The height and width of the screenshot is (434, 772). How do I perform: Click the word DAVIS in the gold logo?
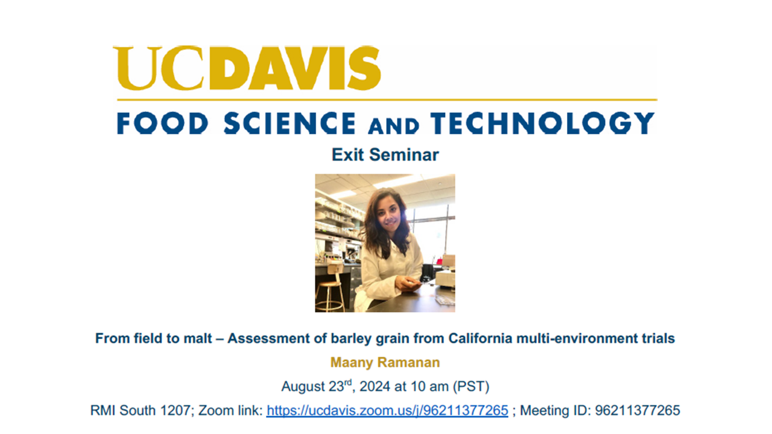point(295,68)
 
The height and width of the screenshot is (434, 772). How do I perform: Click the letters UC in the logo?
point(160,68)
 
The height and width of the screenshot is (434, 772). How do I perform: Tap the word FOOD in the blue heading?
point(163,123)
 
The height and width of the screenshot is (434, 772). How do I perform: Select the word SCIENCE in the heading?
point(289,123)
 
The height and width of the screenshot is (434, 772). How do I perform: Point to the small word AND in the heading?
point(394,126)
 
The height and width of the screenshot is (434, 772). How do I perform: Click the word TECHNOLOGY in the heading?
point(542,123)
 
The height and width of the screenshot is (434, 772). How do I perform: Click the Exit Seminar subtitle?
point(385,155)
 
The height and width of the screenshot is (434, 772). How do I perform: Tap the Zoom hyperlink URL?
point(387,410)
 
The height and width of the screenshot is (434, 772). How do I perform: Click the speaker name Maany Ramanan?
point(385,362)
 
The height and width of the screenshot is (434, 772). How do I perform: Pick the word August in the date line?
point(303,387)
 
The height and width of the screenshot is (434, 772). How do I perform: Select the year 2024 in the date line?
point(375,386)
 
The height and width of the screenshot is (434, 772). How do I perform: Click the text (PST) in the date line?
point(471,386)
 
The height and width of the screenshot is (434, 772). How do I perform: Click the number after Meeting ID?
point(638,410)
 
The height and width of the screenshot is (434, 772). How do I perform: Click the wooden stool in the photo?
point(330,291)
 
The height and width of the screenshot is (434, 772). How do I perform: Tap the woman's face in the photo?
point(390,216)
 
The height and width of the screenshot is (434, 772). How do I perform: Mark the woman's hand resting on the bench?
point(408,283)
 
